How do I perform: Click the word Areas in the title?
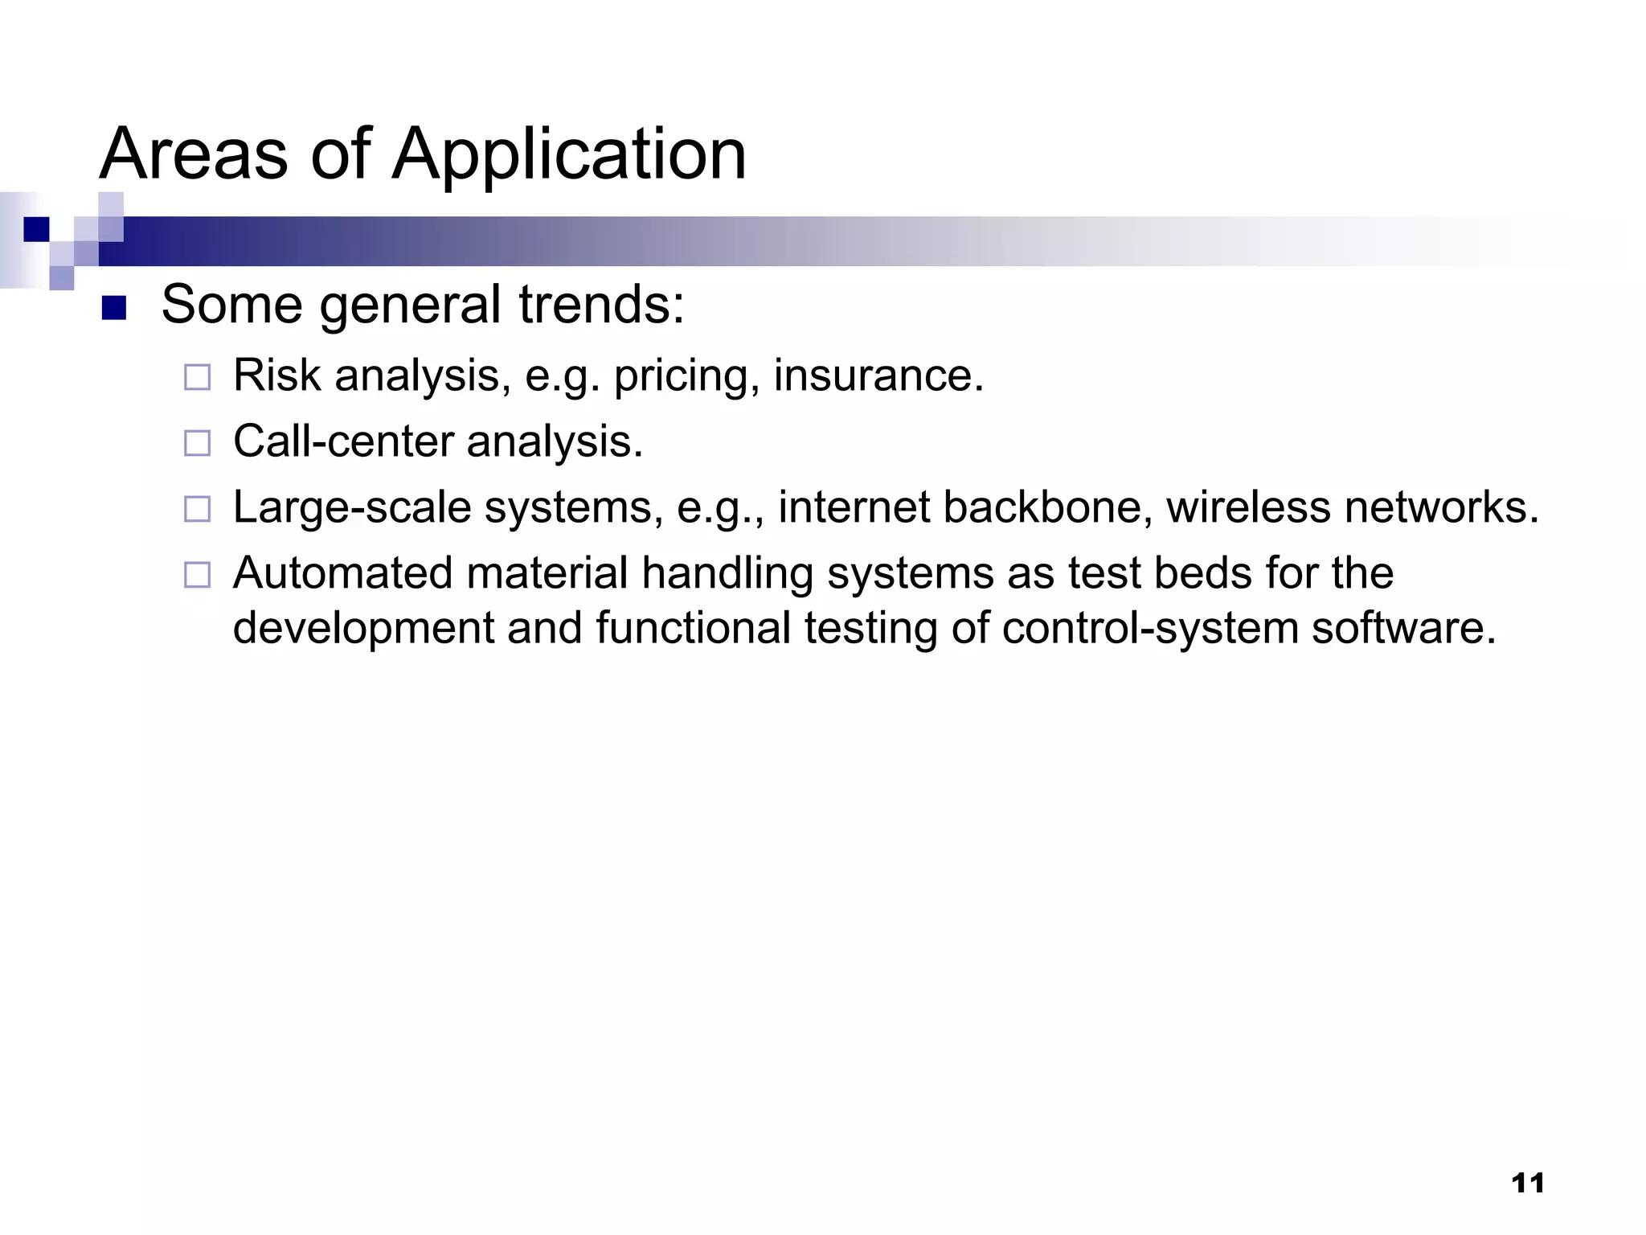click(193, 154)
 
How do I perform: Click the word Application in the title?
click(569, 154)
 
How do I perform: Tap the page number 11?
click(1527, 1184)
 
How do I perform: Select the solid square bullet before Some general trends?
click(114, 308)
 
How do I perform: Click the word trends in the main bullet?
click(600, 306)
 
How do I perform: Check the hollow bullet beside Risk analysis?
click(197, 377)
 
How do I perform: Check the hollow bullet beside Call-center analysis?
click(197, 443)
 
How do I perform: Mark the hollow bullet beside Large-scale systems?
click(197, 509)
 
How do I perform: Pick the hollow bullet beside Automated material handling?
click(197, 575)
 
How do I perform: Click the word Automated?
click(342, 573)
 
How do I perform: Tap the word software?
click(1403, 628)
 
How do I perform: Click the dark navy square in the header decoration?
click(36, 229)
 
